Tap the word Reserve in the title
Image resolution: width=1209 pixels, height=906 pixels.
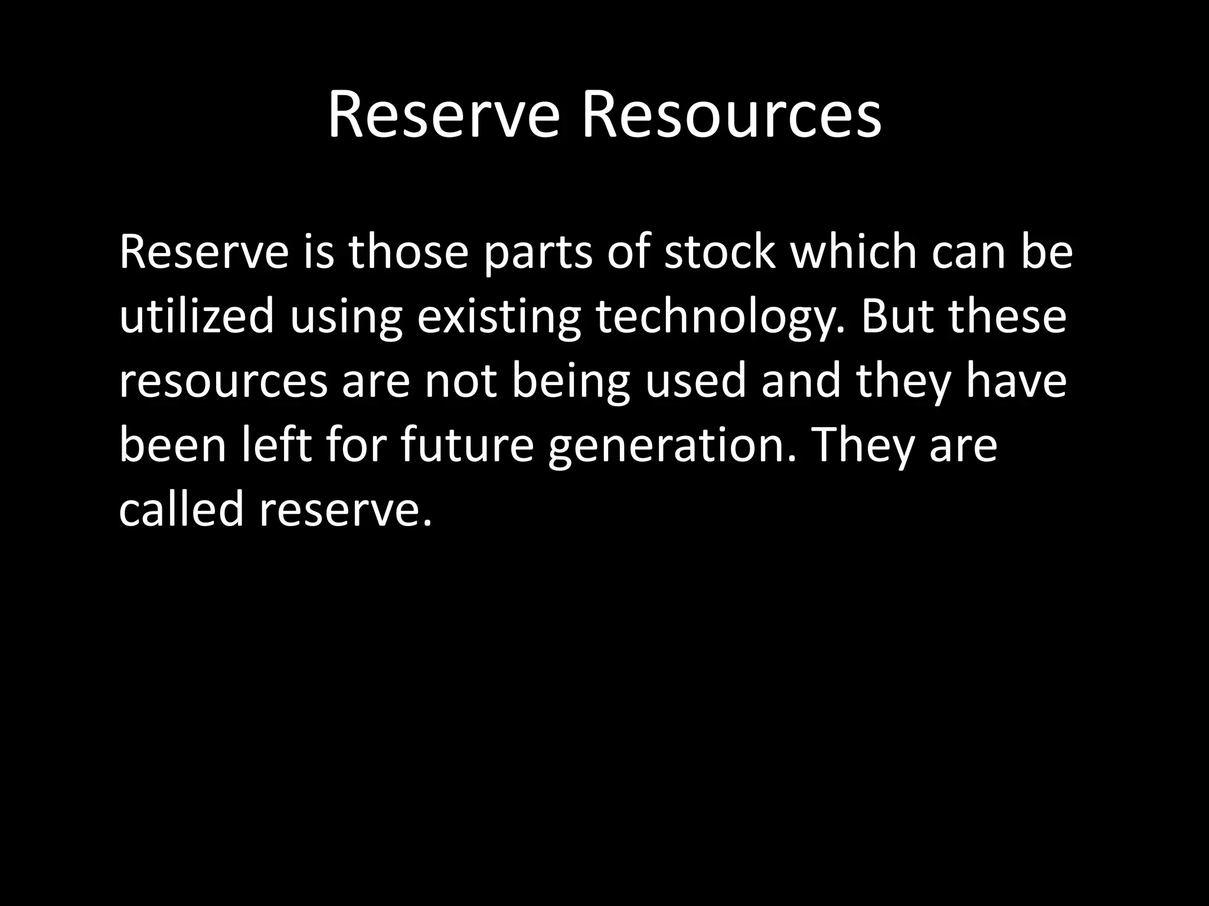443,116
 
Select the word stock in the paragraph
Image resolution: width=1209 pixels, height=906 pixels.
720,252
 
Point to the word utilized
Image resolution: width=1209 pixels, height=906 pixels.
197,317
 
